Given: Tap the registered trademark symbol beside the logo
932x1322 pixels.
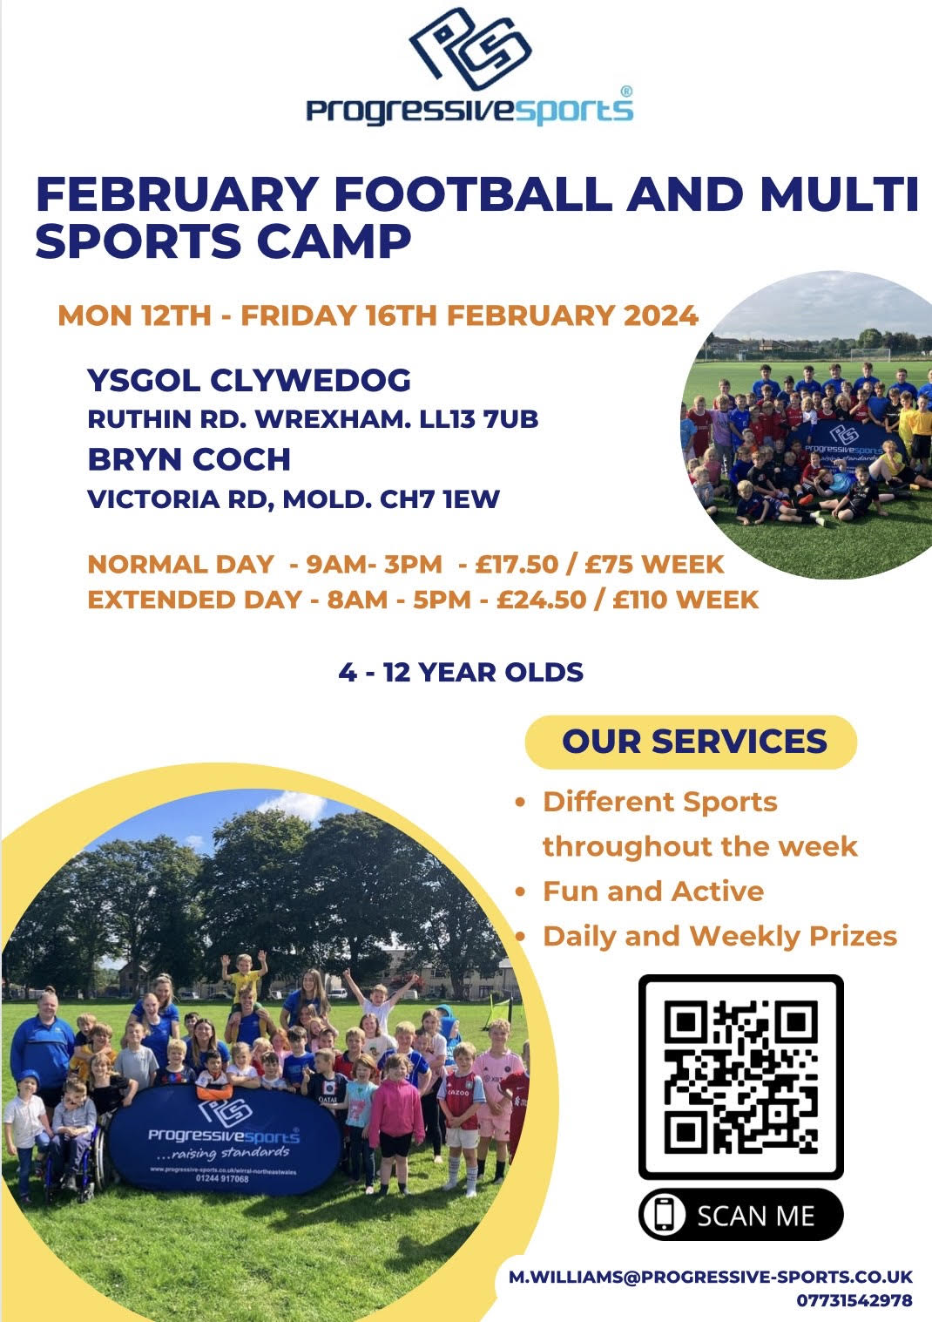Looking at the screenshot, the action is (626, 92).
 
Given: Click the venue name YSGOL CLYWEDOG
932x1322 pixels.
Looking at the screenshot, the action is (249, 379).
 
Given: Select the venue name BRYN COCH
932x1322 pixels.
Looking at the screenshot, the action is (189, 459).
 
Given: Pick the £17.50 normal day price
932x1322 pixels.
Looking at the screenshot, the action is (517, 564).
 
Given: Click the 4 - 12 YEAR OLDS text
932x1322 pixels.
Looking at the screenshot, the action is (461, 672).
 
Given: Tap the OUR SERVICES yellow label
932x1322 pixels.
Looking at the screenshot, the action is (691, 742).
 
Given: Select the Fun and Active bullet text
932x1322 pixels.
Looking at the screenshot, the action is (653, 892).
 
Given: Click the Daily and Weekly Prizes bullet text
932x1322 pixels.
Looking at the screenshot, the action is (719, 936).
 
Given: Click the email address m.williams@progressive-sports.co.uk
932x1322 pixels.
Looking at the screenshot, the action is (711, 1277).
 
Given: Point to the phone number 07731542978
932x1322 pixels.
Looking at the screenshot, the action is (854, 1299).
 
